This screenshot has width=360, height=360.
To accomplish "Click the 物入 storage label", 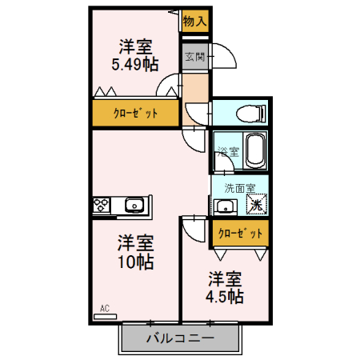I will pos(194,22).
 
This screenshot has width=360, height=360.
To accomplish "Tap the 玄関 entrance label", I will pos(194,57).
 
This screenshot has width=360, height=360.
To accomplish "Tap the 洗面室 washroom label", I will pos(239,189).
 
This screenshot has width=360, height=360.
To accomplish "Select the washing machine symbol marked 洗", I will pos(255,205).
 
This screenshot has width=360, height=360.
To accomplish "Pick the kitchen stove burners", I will pos(102,206).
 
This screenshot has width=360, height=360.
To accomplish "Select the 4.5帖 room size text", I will pos(226,297).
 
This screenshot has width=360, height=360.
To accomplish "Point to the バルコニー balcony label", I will pos(180,338).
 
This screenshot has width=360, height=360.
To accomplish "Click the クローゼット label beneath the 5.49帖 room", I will pos(134,114).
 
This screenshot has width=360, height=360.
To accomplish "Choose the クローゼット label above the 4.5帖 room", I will pos(240,234).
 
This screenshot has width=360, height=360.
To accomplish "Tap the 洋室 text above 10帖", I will pos(136,242).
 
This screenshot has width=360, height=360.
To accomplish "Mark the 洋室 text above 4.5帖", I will pos(226,278).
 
